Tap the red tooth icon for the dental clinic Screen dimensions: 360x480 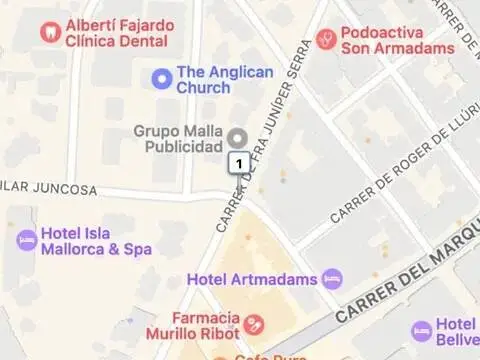pos(49,32)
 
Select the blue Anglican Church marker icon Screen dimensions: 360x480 pos(160,77)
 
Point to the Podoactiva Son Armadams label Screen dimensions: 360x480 pos(397,40)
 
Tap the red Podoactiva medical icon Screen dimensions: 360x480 pos(325,39)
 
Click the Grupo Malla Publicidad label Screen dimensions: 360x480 pos(178,138)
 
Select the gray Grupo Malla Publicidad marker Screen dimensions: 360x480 pos(237,137)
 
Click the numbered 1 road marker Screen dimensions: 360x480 pos(239,161)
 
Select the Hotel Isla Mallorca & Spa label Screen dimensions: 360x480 pos(96,241)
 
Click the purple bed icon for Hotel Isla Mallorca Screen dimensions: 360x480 pos(26,240)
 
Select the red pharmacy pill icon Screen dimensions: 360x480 pos(254,324)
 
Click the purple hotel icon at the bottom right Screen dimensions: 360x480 pos(422,330)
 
